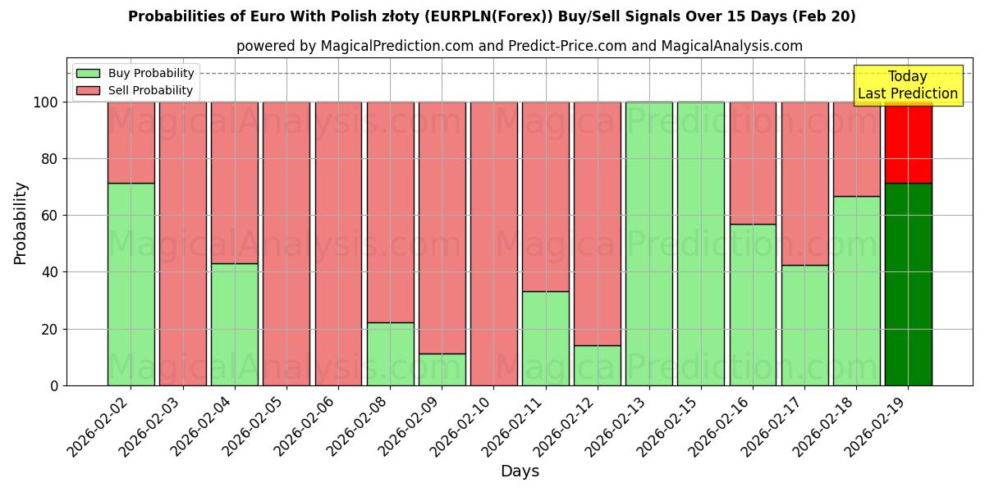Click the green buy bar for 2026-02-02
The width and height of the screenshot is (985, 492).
coord(131,284)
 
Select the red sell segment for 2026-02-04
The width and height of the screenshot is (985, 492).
coord(234,182)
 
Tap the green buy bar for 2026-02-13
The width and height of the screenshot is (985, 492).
coord(648,244)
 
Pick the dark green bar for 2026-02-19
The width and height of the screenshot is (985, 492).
coord(908,284)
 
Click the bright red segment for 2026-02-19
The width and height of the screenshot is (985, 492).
coord(908,142)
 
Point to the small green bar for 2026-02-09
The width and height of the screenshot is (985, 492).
coord(442,369)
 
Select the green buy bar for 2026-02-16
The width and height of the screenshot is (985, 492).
coord(753,304)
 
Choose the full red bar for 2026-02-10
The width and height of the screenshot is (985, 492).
coord(493,244)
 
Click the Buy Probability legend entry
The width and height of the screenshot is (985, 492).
coord(135,73)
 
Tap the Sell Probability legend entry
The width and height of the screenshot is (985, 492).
coord(135,90)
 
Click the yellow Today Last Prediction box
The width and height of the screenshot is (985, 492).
coord(908,85)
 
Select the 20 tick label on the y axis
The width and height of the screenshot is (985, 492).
coord(51,330)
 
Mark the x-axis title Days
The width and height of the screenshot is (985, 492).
coord(520,471)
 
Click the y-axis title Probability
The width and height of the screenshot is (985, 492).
coord(21,222)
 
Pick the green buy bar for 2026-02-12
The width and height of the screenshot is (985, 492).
coord(597,365)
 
